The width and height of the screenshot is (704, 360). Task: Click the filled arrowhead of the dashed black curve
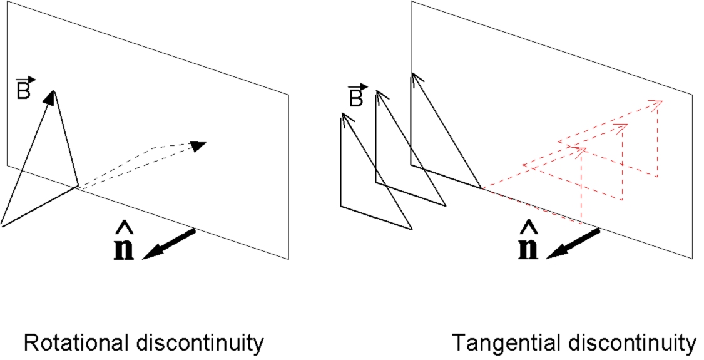coord(198,146)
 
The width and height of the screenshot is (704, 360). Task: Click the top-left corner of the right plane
coord(411,2)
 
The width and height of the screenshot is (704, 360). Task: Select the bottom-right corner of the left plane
coord(288,259)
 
